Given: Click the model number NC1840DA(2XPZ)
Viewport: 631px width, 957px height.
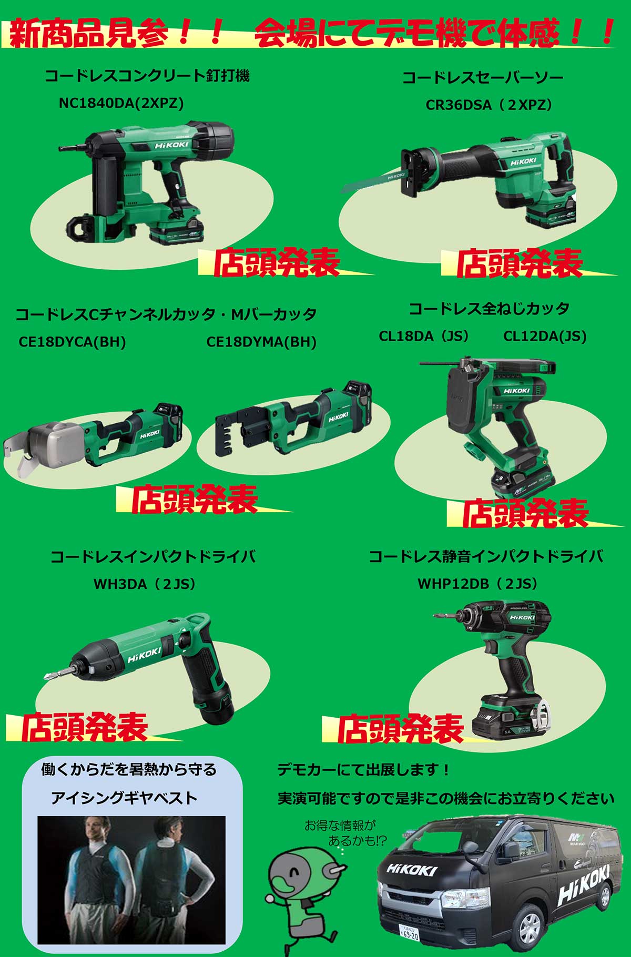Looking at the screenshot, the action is [x=121, y=103].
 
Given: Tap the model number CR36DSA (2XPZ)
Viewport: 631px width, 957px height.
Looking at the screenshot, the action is [x=489, y=105].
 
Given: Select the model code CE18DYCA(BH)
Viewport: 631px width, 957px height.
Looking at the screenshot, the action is [x=73, y=342].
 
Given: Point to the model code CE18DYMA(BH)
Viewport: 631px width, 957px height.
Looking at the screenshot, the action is [x=261, y=342].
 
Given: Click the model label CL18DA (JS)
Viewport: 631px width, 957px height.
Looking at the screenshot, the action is [x=424, y=336].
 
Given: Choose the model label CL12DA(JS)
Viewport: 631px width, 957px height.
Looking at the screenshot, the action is [x=545, y=336].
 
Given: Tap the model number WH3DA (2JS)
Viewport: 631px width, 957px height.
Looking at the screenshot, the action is [x=145, y=584].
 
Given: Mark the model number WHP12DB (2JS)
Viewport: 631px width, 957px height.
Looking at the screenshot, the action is [x=478, y=584].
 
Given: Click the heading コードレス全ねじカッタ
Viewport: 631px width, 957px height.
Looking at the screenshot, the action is [x=489, y=309].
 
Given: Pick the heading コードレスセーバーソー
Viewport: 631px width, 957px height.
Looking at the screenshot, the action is [x=483, y=78].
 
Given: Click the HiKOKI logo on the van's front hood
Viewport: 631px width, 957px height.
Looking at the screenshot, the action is [x=412, y=869].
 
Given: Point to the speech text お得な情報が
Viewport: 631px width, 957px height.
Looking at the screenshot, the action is [x=341, y=826].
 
